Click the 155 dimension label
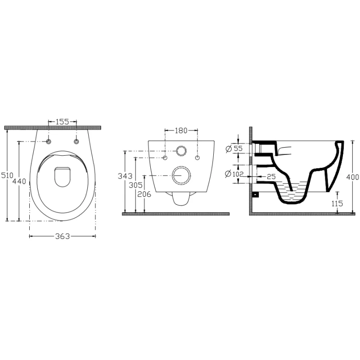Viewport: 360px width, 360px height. pos(63,121)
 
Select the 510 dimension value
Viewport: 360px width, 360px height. pos(7,175)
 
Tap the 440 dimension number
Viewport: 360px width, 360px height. pos(19,181)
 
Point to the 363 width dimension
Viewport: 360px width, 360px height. pos(63,236)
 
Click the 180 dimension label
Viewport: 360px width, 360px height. pos(181,130)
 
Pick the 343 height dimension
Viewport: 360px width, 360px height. pos(125,176)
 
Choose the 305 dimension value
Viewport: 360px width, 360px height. pos(135,185)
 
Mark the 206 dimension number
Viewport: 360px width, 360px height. pos(144,194)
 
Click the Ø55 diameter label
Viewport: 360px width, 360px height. pos(234,148)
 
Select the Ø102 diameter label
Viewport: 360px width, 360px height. pos(234,174)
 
